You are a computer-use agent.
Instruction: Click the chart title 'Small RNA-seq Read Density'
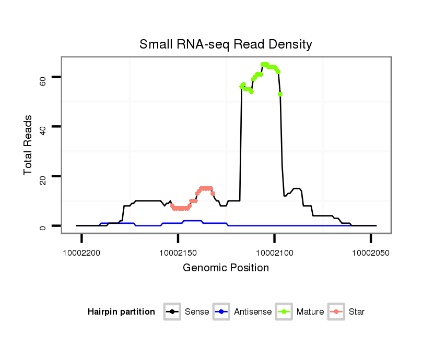[x=226, y=45]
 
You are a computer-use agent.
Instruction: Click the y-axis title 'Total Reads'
[x=29, y=145]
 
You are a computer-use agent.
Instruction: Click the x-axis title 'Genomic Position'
[x=226, y=268]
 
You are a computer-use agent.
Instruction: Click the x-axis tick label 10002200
[x=82, y=252]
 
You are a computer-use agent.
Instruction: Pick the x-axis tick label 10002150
[x=179, y=252]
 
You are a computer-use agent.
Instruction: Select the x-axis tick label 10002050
[x=371, y=252]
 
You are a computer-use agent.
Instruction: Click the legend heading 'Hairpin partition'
[x=121, y=312]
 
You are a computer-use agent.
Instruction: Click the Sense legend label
[x=197, y=312]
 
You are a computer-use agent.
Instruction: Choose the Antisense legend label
[x=253, y=312]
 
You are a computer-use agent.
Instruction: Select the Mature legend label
[x=310, y=312]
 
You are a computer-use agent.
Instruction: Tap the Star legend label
[x=357, y=312]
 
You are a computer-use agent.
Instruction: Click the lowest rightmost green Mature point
[x=280, y=94]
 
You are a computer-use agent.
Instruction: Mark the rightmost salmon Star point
[x=213, y=194]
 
